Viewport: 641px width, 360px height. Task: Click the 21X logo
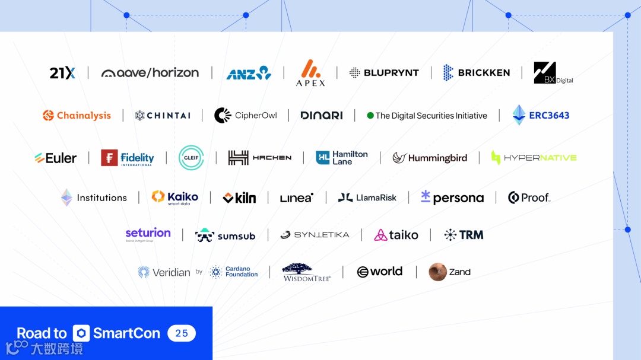pos(62,73)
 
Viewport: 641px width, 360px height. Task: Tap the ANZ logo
pos(249,74)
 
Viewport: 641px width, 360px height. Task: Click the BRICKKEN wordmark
pos(484,73)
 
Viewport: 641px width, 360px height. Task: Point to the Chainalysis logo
pos(77,116)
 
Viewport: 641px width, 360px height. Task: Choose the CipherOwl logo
pos(246,116)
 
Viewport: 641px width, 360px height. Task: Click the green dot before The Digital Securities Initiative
pos(370,116)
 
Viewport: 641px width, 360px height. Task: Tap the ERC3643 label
pos(549,116)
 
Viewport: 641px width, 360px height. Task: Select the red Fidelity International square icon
pos(109,158)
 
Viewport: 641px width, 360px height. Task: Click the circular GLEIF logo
pos(191,158)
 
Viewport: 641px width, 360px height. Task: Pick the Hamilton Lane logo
pos(342,158)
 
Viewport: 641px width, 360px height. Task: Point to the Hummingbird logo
pos(430,158)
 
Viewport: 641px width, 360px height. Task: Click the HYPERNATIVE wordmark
pos(540,158)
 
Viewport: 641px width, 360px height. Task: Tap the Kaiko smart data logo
pos(175,197)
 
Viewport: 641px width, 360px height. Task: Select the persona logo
pos(452,198)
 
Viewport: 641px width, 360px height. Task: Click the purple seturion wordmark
pos(148,233)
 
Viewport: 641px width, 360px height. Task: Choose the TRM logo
pos(464,235)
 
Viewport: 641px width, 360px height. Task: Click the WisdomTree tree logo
pos(306,270)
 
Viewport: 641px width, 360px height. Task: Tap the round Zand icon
pos(438,272)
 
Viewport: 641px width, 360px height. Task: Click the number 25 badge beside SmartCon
pos(182,333)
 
